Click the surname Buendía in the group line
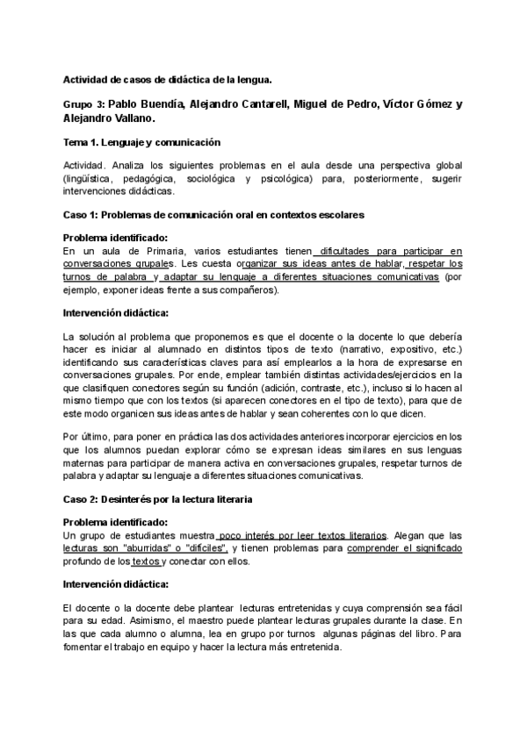[x=155, y=104]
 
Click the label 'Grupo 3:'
[x=84, y=104]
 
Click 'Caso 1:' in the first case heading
[x=83, y=214]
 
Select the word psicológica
[x=348, y=178]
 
